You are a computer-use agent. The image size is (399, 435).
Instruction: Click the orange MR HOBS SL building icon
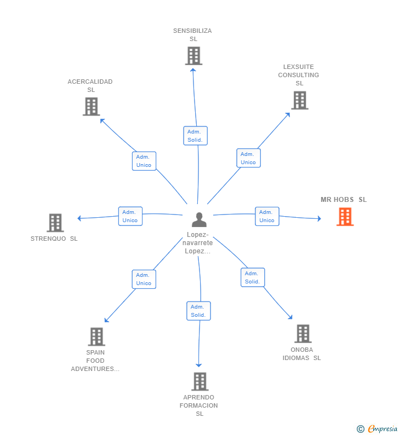coord(345,217)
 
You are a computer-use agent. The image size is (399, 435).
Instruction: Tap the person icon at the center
coord(199,219)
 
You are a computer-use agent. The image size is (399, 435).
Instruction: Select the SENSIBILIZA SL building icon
coord(193,56)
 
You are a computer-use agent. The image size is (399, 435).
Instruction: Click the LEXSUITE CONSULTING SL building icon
coord(299,100)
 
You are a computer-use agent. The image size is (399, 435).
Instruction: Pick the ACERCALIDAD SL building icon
coord(91,106)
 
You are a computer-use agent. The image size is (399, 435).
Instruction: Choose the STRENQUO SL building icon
coord(55,223)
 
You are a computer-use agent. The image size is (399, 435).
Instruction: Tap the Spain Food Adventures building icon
coord(96,337)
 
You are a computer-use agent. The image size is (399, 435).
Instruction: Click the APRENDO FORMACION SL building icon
coord(200,381)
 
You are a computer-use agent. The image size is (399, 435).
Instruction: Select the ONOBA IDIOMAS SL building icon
coord(303,333)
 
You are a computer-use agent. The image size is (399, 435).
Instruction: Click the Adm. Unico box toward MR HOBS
coord(267,216)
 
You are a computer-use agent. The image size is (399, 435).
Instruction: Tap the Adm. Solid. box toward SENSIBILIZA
coord(195,136)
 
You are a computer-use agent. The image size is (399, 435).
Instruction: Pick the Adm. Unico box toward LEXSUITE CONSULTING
coord(248,158)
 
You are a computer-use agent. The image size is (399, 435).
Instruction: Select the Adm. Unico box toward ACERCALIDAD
coord(144,161)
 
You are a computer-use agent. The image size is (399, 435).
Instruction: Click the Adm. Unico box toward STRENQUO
coord(130,216)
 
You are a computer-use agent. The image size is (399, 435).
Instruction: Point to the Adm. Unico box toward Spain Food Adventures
coord(144,279)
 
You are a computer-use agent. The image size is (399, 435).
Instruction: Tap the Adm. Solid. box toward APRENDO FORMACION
coord(198,311)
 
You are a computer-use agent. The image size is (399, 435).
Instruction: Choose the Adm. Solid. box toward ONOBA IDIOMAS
coord(252,277)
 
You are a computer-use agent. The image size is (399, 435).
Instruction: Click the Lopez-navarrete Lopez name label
coord(198,242)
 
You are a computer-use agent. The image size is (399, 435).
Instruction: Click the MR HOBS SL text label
coord(344,200)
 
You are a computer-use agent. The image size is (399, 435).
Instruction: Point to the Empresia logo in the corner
coord(378,429)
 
